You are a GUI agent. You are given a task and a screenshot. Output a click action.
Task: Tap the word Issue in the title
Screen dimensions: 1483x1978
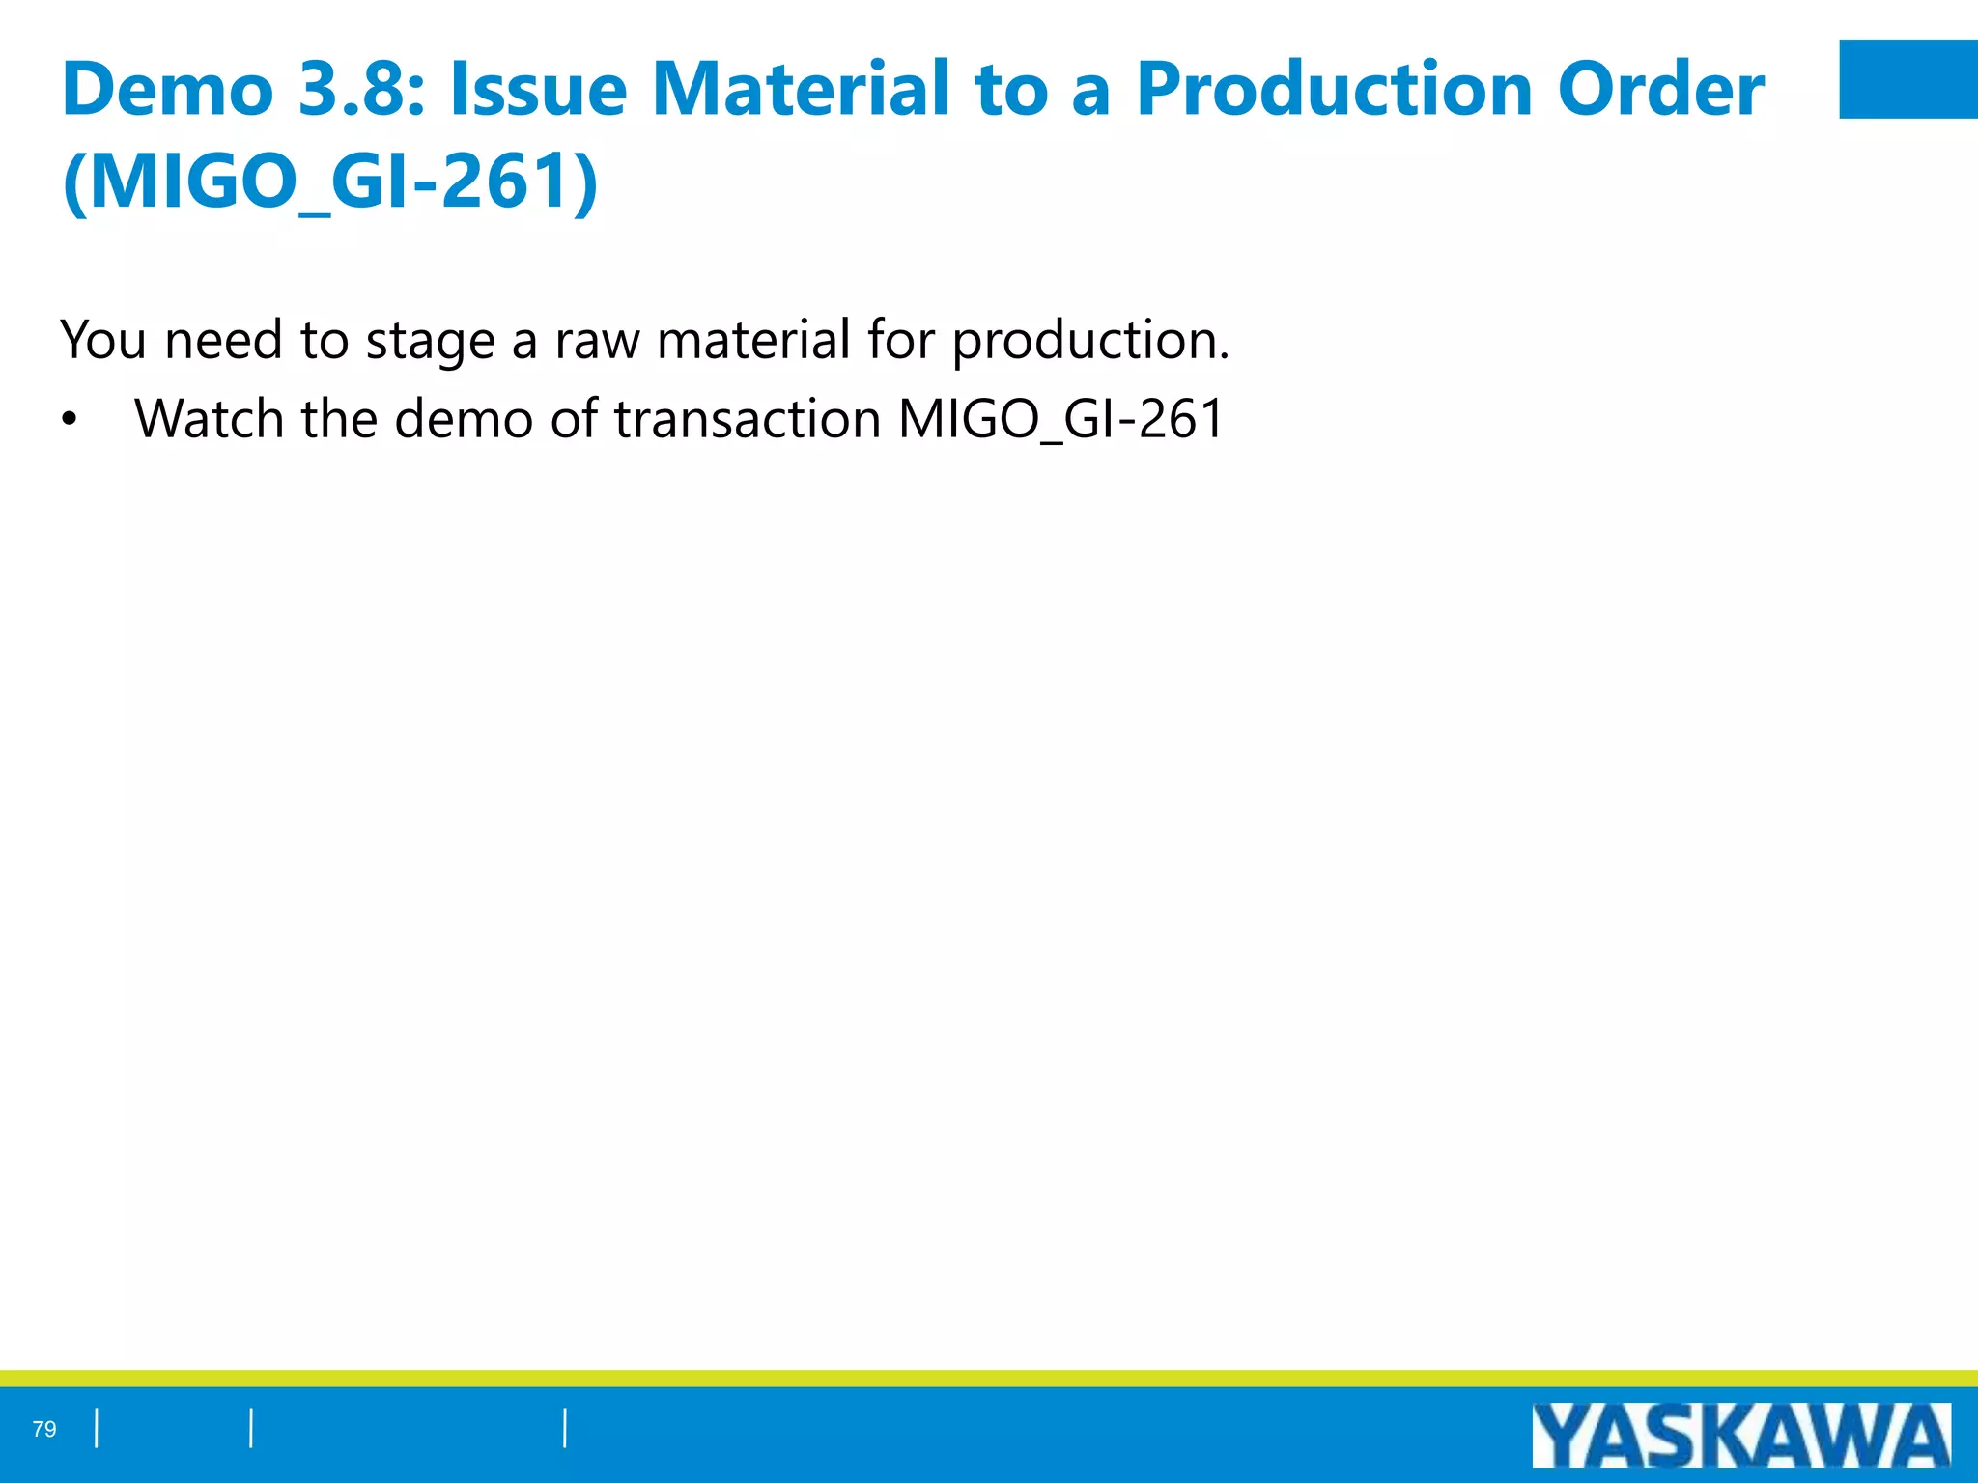pos(538,89)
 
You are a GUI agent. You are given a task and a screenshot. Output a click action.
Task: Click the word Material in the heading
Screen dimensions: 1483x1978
pos(801,89)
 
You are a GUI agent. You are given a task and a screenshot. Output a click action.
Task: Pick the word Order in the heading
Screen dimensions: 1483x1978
pos(1660,89)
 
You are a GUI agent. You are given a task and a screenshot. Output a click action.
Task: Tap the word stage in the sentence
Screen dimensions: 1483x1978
pos(430,342)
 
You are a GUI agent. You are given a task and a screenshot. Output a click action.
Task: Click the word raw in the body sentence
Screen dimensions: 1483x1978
pos(597,342)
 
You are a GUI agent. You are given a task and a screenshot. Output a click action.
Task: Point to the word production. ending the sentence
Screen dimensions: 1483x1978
pos(1090,342)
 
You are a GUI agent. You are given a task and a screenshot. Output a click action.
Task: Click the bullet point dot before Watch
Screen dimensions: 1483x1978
pos(68,421)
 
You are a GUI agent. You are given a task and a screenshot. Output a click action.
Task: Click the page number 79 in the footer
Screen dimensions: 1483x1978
pos(44,1429)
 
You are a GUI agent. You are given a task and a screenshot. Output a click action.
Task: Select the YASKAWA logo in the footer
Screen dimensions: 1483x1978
pos(1740,1436)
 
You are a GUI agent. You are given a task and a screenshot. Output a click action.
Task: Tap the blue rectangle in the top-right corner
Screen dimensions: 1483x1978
pos(1907,79)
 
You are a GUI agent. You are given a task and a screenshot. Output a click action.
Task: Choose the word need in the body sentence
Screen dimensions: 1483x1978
pos(224,340)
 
